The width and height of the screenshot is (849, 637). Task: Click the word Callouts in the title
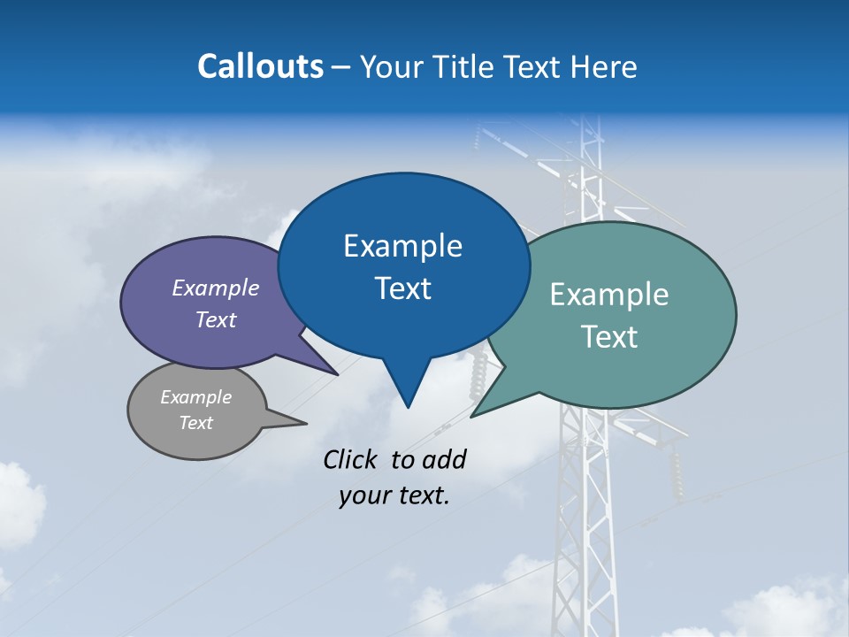pyautogui.click(x=261, y=66)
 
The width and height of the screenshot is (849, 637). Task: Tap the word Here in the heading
pyautogui.click(x=605, y=66)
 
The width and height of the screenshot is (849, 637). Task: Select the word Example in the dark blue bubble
pyautogui.click(x=402, y=246)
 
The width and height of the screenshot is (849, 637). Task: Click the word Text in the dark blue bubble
pyautogui.click(x=402, y=288)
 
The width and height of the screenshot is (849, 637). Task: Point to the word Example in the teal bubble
pyautogui.click(x=609, y=295)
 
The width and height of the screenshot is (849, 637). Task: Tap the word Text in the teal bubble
pyautogui.click(x=609, y=337)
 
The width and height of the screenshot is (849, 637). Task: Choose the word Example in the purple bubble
pyautogui.click(x=216, y=288)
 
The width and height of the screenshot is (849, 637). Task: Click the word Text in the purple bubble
pyautogui.click(x=216, y=319)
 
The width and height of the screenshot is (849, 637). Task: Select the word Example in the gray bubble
pyautogui.click(x=195, y=397)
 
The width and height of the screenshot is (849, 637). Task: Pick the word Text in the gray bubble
pyautogui.click(x=195, y=423)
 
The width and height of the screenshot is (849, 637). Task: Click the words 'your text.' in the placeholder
pyautogui.click(x=394, y=495)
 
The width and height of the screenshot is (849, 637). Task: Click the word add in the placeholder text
pyautogui.click(x=444, y=459)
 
